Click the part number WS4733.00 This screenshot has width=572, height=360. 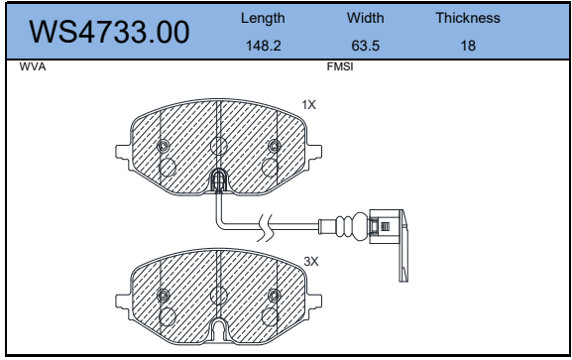(109, 32)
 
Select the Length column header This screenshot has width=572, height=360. (263, 18)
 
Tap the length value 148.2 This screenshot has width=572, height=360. (263, 46)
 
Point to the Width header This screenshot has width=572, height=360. (365, 18)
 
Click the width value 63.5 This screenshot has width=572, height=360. (365, 46)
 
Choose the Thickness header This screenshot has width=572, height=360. (468, 18)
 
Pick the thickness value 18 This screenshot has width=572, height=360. (468, 46)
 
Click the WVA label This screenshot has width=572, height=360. (33, 66)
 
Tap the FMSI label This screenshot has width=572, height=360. (340, 66)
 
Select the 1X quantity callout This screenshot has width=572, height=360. (308, 105)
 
